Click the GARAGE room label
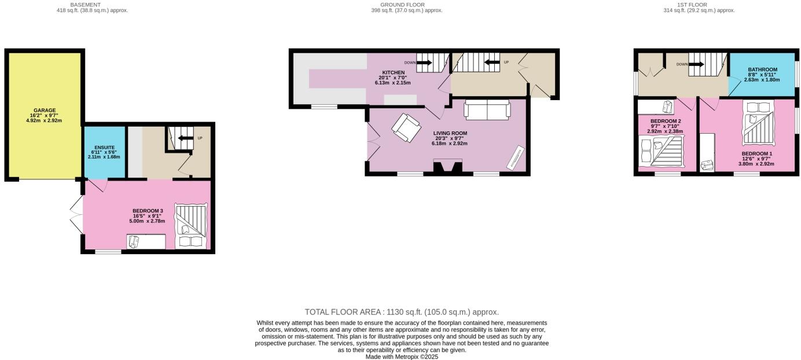(45, 110)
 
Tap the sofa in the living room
(487, 109)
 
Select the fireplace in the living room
(448, 167)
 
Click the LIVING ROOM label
(450, 133)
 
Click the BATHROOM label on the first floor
(762, 69)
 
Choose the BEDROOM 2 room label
(665, 121)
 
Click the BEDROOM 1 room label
(757, 154)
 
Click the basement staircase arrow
(185, 138)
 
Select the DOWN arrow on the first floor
(696, 64)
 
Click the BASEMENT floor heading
(85, 5)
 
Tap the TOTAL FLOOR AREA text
(402, 312)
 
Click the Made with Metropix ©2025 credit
(402, 357)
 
